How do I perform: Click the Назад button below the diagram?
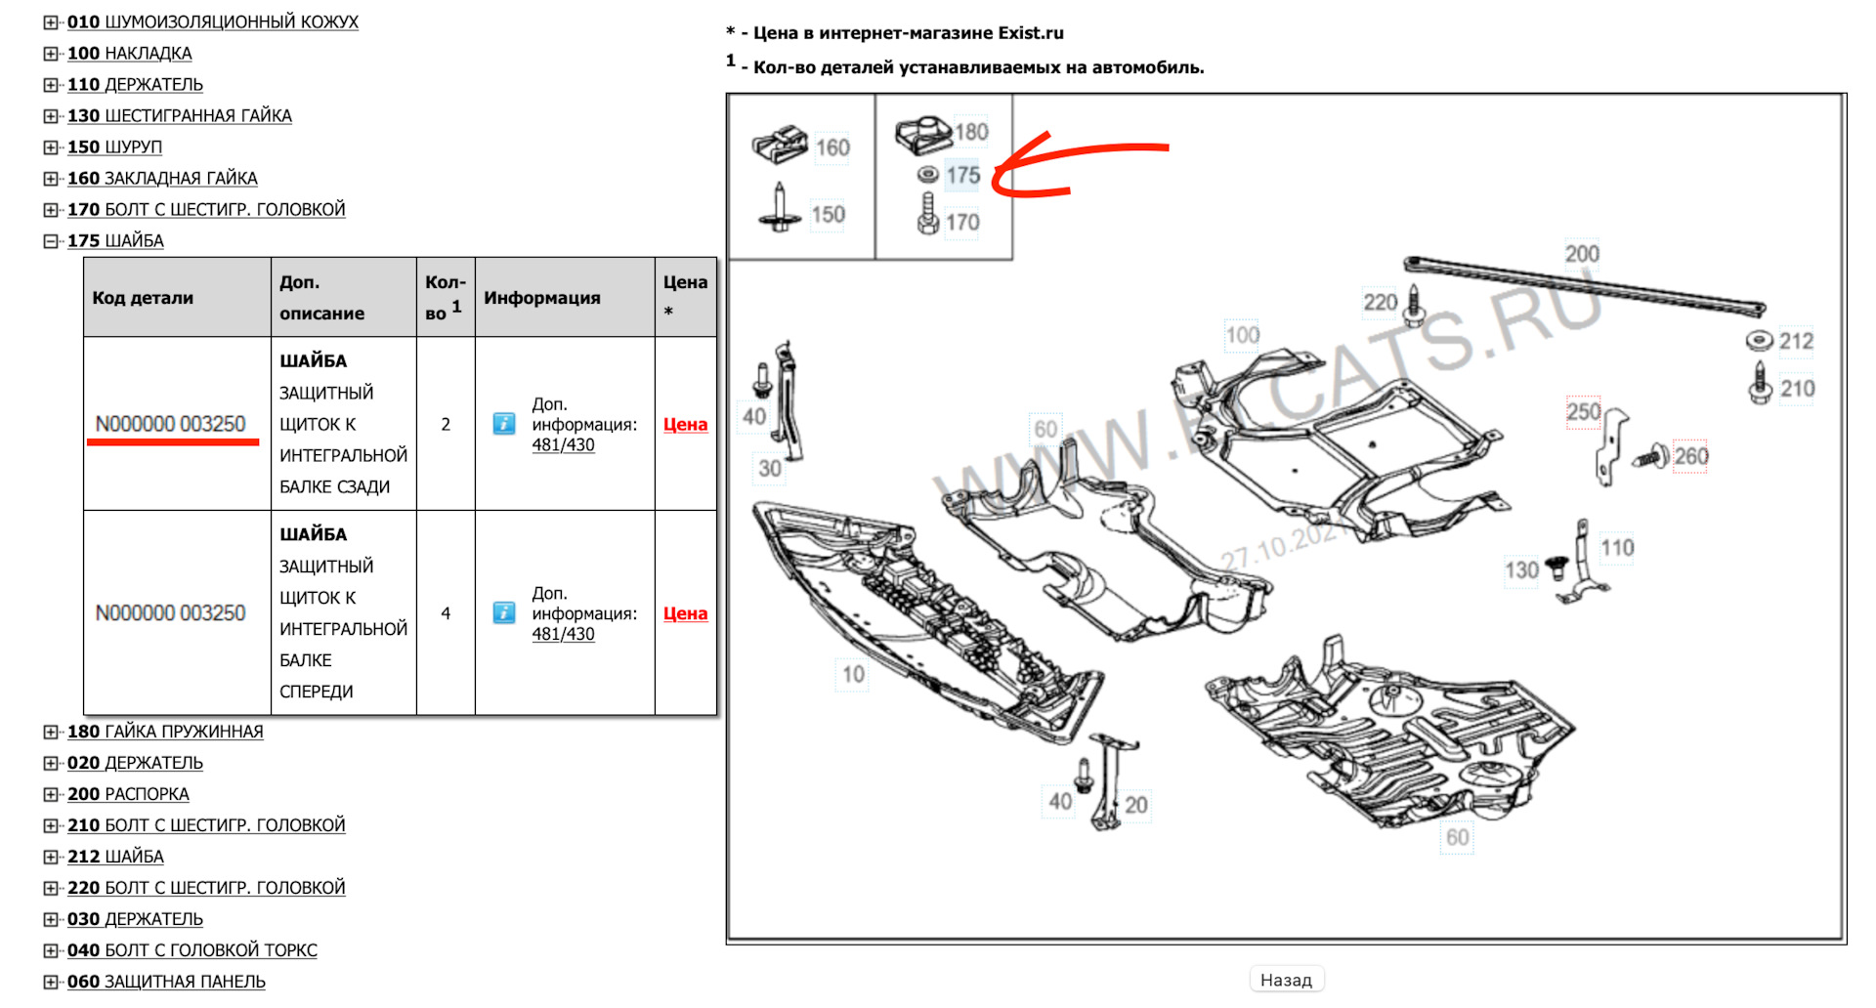(1286, 980)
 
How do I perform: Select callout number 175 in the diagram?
(962, 176)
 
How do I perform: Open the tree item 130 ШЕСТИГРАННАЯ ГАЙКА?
(179, 115)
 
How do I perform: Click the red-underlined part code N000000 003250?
(171, 424)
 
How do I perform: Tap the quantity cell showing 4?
(446, 613)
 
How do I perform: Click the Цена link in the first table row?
(685, 424)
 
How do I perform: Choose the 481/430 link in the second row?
(563, 634)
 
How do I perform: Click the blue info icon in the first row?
(504, 423)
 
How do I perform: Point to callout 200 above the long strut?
(1582, 254)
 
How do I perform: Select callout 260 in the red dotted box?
(1690, 456)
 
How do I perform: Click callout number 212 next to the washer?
(1796, 341)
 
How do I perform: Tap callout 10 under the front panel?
(853, 674)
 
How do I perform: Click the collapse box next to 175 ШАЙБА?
(51, 241)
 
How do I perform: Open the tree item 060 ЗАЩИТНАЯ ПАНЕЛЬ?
(166, 982)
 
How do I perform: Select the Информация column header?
(542, 298)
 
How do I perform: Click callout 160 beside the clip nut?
(832, 147)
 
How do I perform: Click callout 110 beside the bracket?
(1617, 548)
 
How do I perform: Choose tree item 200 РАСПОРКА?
(128, 794)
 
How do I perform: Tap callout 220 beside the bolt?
(1381, 303)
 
